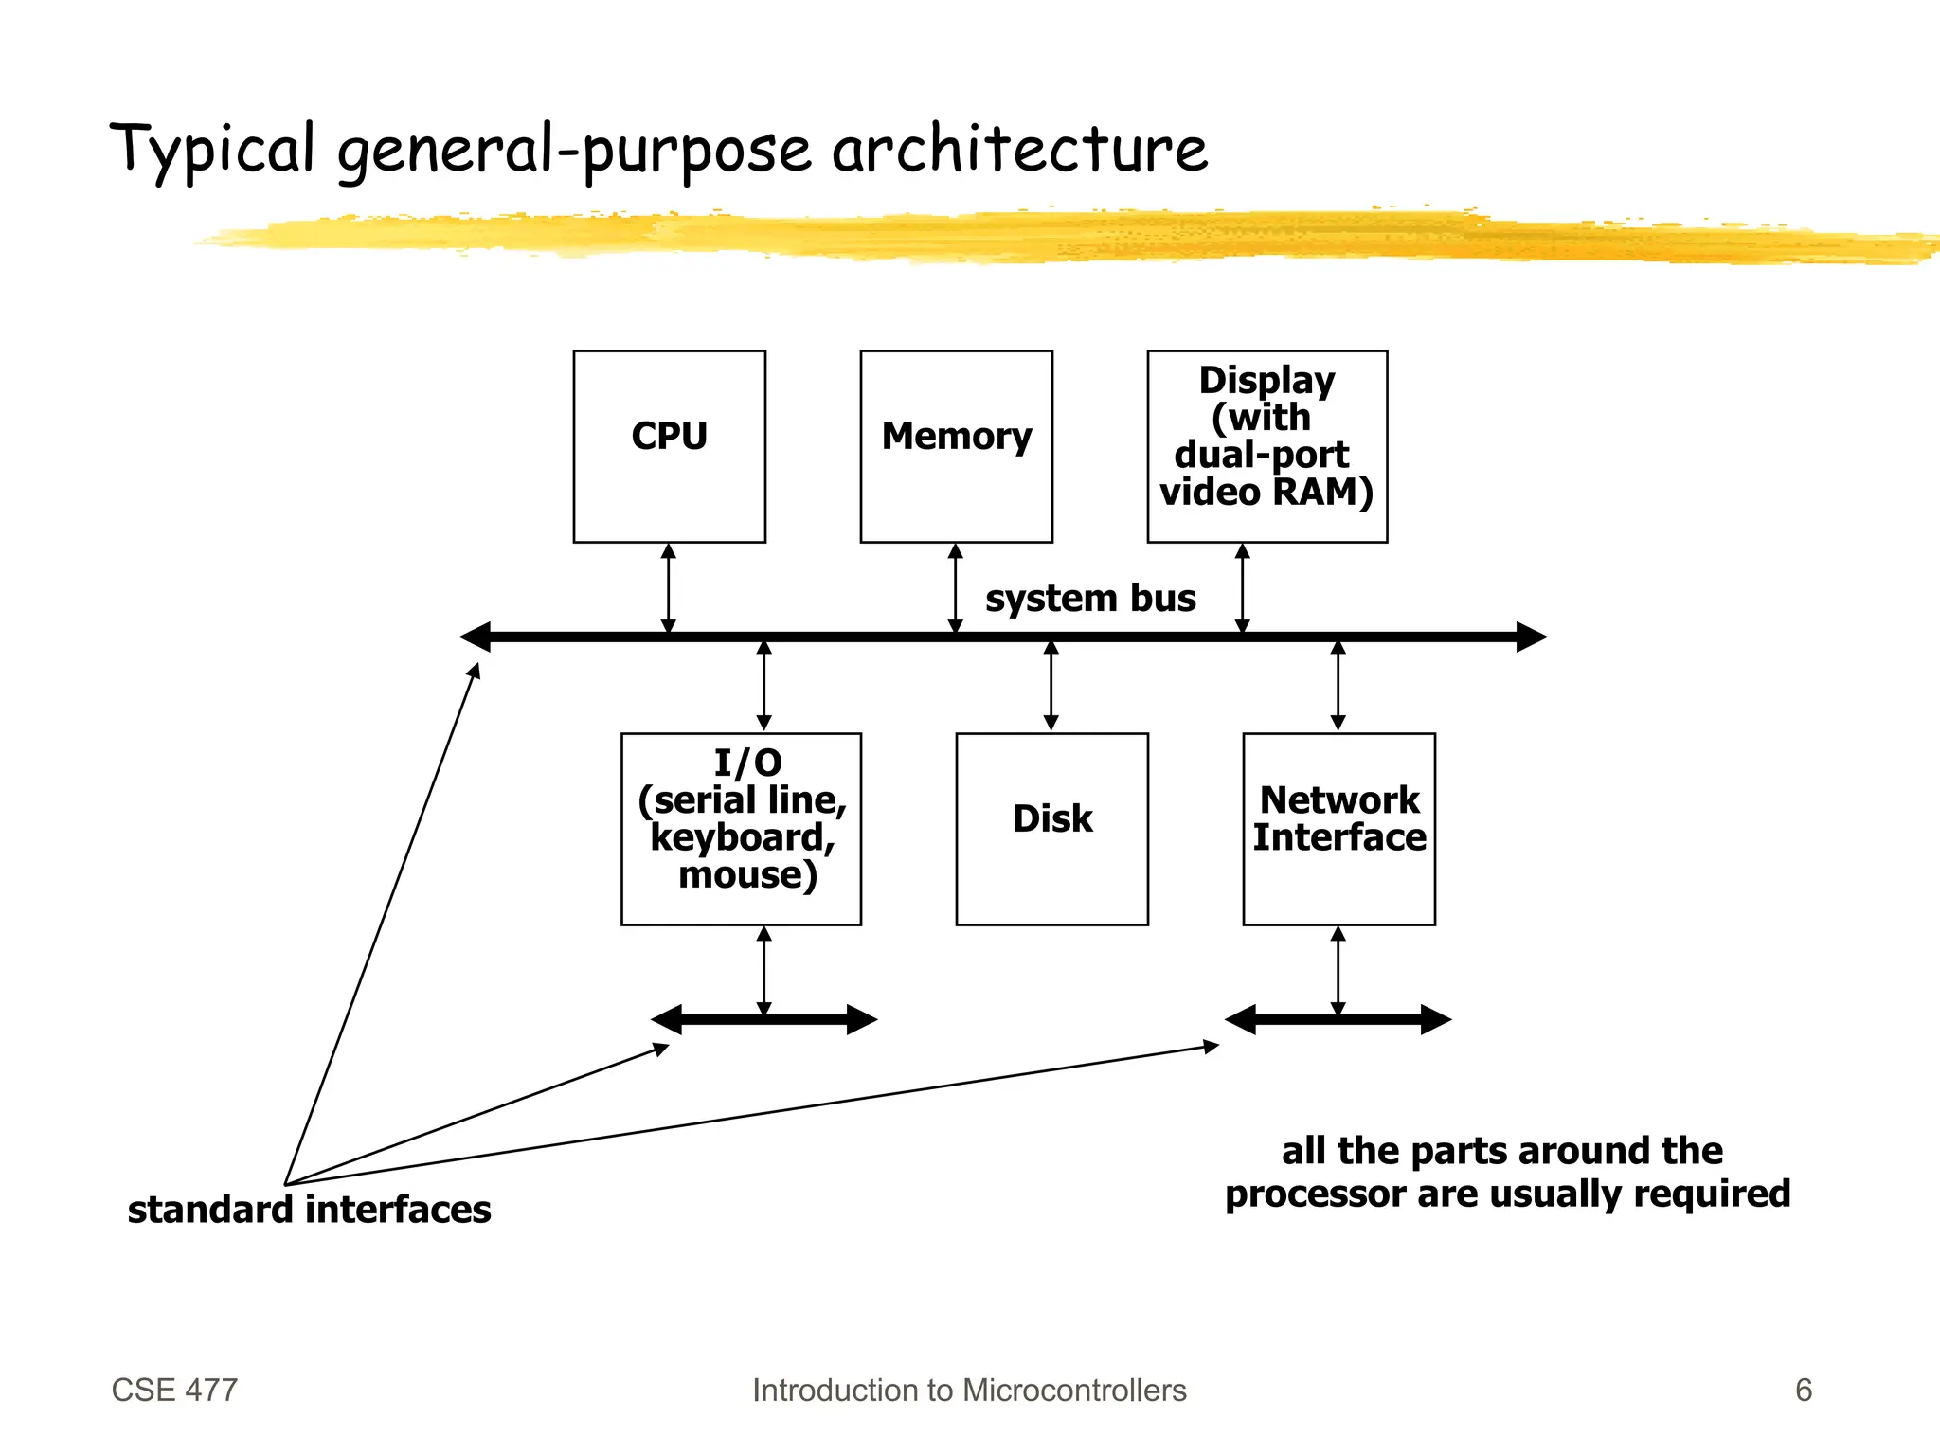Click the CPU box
pos(669,446)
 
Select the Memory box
pos(956,446)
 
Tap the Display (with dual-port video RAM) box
pos(1266,446)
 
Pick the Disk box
pos(1051,829)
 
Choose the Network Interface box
pos(1338,829)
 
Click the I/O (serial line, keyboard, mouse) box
pos(741,829)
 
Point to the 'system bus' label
pos(1090,598)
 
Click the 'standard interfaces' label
pos(309,1210)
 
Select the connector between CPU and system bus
pos(669,589)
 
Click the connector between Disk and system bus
pos(1051,686)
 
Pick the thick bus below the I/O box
pos(764,1020)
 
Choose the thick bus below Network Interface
pos(1338,1020)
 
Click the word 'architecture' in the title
pos(1020,149)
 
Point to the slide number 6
pos(1804,1390)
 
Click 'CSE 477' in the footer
pos(174,1390)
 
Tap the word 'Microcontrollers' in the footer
pos(1074,1390)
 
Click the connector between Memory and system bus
pos(956,589)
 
